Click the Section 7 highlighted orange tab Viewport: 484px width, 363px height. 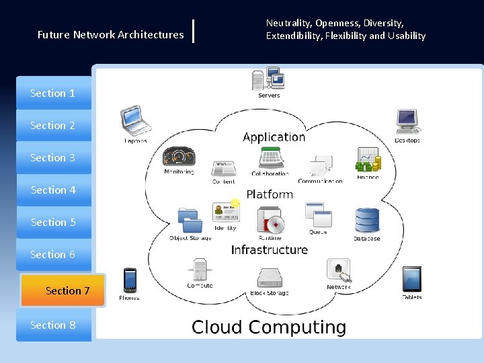point(63,290)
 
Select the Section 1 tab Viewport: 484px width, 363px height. point(54,93)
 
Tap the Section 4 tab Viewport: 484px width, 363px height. point(54,190)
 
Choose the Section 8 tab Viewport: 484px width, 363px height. point(54,325)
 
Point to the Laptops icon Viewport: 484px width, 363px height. point(134,121)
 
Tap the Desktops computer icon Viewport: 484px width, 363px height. point(407,122)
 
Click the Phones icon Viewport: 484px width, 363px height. point(130,281)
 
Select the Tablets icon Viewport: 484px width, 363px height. point(412,279)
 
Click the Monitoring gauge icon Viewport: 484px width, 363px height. point(178,157)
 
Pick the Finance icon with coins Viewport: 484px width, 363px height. point(368,160)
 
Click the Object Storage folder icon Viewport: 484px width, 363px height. point(190,220)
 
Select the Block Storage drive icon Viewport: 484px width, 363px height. point(269,278)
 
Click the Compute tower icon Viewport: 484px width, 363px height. point(200,270)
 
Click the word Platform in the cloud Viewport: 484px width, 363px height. point(270,194)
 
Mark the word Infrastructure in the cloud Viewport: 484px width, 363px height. point(270,250)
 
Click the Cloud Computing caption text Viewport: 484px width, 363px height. point(269,327)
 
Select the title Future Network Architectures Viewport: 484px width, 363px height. point(111,34)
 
